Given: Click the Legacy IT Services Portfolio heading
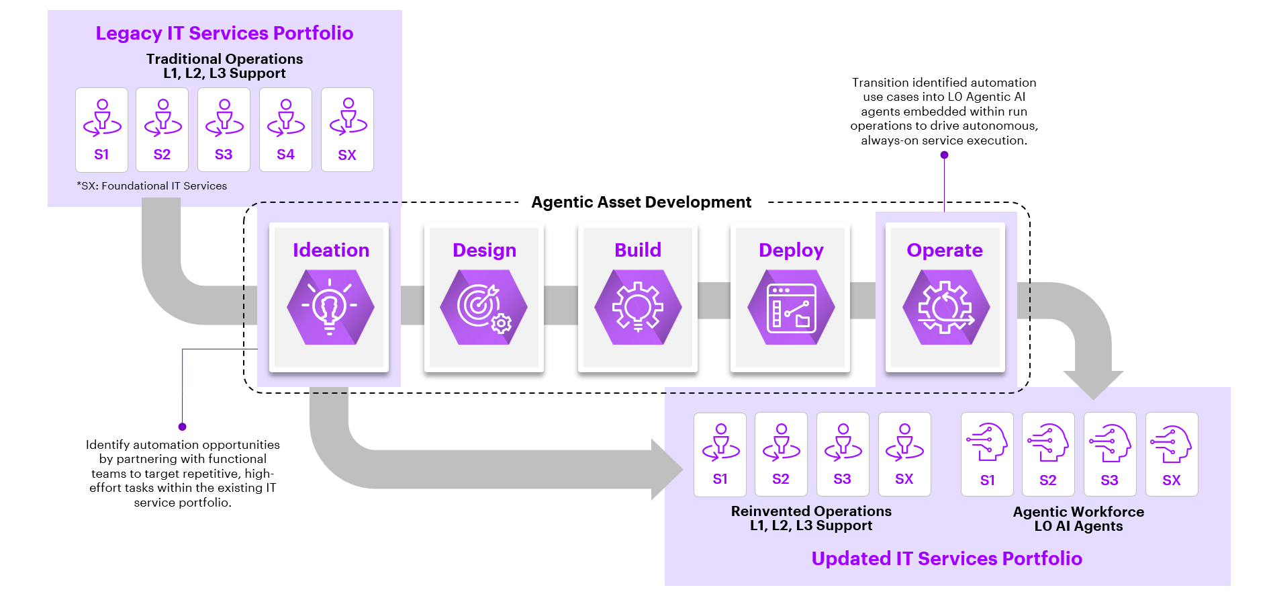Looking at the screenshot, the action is point(224,33).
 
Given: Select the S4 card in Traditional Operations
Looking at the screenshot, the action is point(285,130).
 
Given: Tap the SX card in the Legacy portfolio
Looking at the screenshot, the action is point(347,130).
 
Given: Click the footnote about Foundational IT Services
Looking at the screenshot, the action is point(152,186).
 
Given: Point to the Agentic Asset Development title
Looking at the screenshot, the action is point(641,202).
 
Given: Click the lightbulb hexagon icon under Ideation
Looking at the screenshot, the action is point(330,307).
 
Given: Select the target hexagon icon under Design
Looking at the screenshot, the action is point(483,307).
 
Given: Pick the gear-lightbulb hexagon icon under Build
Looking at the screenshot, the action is point(638,307).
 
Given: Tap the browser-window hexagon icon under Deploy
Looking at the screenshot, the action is point(791,307).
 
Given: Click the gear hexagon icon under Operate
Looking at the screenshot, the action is point(945,307).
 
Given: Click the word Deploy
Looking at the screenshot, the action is point(791,251).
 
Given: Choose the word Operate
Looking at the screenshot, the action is point(945,251).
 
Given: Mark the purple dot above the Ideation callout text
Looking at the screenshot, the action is point(182,427).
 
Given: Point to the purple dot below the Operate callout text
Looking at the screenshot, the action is point(944,155).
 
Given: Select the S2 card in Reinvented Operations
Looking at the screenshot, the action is point(781,454).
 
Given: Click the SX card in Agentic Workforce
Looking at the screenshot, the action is point(1172,454).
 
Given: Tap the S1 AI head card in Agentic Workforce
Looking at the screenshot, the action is point(987,454).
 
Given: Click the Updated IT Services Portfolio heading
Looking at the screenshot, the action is point(947,559).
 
